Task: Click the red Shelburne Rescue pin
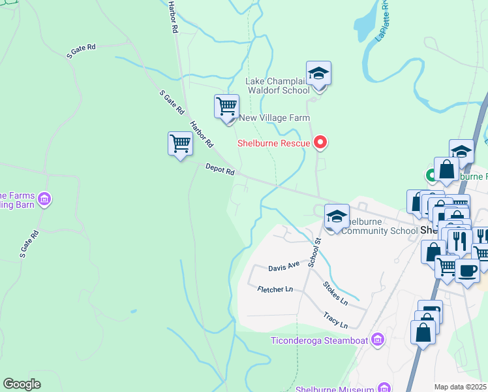(x=320, y=142)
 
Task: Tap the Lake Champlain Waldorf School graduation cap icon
(x=318, y=74)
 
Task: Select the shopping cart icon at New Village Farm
(x=226, y=106)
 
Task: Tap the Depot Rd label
(x=220, y=170)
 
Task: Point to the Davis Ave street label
(x=284, y=267)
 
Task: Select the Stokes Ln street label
(x=336, y=294)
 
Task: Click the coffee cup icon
(x=466, y=270)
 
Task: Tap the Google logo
(x=22, y=384)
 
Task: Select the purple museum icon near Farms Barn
(x=44, y=199)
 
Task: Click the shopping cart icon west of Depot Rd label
(x=180, y=144)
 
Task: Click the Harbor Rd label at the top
(x=173, y=17)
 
